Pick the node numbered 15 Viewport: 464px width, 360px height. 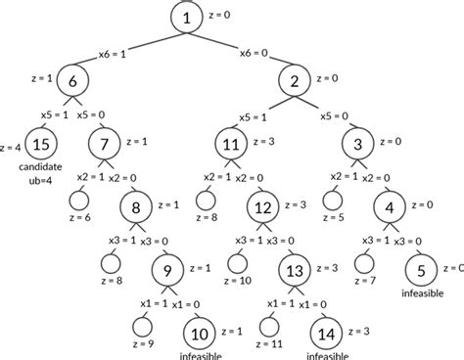[x=38, y=146]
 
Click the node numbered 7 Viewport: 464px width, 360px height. [x=104, y=146]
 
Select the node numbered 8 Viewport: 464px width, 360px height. [x=136, y=206]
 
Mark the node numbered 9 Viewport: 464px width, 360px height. [x=167, y=268]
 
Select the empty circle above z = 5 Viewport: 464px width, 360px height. [x=332, y=201]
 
